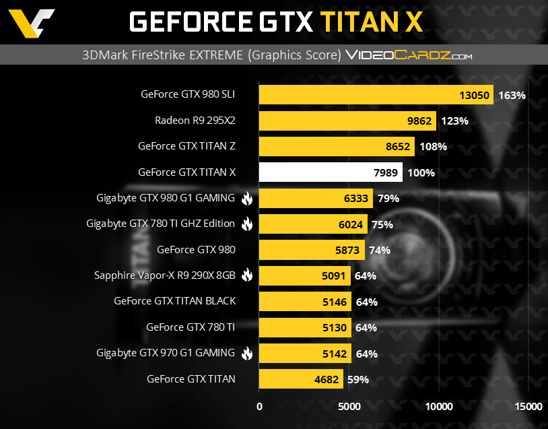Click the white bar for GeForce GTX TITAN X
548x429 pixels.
coord(331,172)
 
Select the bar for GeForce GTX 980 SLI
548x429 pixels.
coord(376,95)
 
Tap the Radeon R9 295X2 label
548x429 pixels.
coord(195,121)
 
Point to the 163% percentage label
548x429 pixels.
coord(512,96)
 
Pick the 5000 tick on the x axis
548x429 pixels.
coord(349,406)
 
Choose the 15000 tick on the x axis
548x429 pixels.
coord(528,406)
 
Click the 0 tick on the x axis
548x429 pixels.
coord(260,406)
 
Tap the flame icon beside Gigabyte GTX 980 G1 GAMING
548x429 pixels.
coord(246,198)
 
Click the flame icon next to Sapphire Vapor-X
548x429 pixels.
coord(246,275)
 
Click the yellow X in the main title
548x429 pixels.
coord(410,22)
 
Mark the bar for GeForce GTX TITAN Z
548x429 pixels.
coord(337,146)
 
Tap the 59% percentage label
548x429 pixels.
coord(358,379)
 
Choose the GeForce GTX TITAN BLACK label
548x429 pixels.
coord(175,301)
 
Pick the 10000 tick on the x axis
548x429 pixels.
coord(439,406)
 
